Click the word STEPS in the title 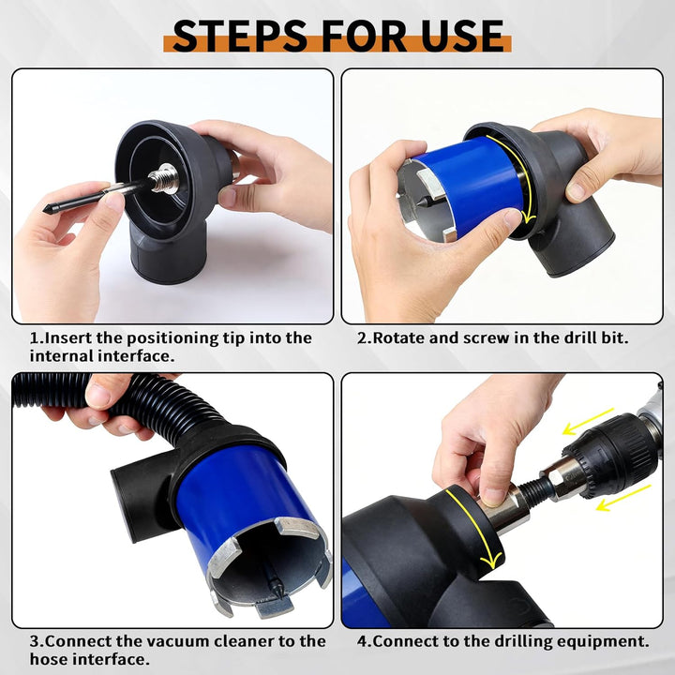pyautogui.click(x=239, y=36)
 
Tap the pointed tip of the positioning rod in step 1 pyautogui.click(x=45, y=210)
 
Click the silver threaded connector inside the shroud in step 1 pyautogui.click(x=163, y=178)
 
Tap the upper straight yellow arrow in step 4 pyautogui.click(x=588, y=421)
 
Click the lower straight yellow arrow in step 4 pyautogui.click(x=623, y=498)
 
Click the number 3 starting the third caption pyautogui.click(x=34, y=641)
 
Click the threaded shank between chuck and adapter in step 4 pyautogui.click(x=534, y=490)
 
